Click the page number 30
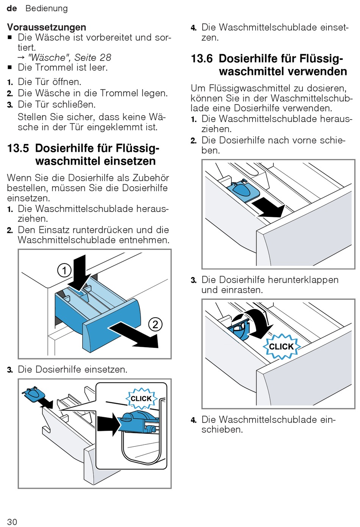click(x=12, y=522)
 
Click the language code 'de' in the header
click(x=12, y=8)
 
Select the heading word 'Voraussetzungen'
click(x=47, y=27)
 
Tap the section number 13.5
click(x=18, y=148)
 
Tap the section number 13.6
click(x=202, y=59)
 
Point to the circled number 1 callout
click(x=64, y=270)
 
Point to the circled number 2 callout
click(x=155, y=324)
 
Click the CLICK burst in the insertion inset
click(x=141, y=398)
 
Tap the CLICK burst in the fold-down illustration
click(x=281, y=346)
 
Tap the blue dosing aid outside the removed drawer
click(x=33, y=394)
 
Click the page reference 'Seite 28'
click(x=93, y=58)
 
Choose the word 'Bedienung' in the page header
click(x=47, y=8)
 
